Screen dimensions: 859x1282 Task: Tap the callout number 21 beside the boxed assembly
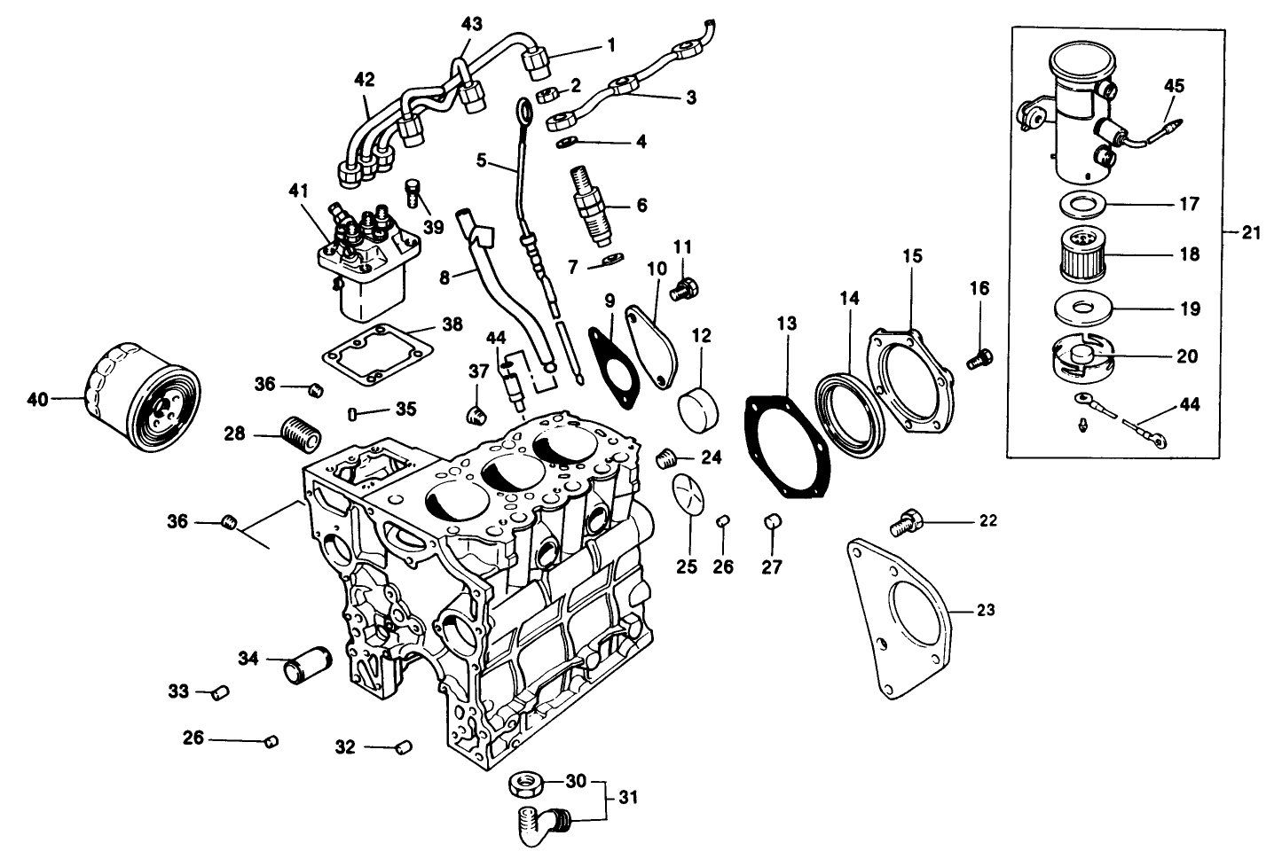coord(1251,232)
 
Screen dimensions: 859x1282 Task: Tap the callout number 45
coord(1174,86)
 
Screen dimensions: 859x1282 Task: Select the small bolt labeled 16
coord(979,359)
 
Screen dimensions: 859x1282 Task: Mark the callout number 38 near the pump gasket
coord(452,325)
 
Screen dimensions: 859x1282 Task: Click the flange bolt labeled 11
coord(686,288)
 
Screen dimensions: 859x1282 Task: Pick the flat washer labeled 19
coord(1082,309)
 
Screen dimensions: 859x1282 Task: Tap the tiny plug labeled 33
coord(220,692)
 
